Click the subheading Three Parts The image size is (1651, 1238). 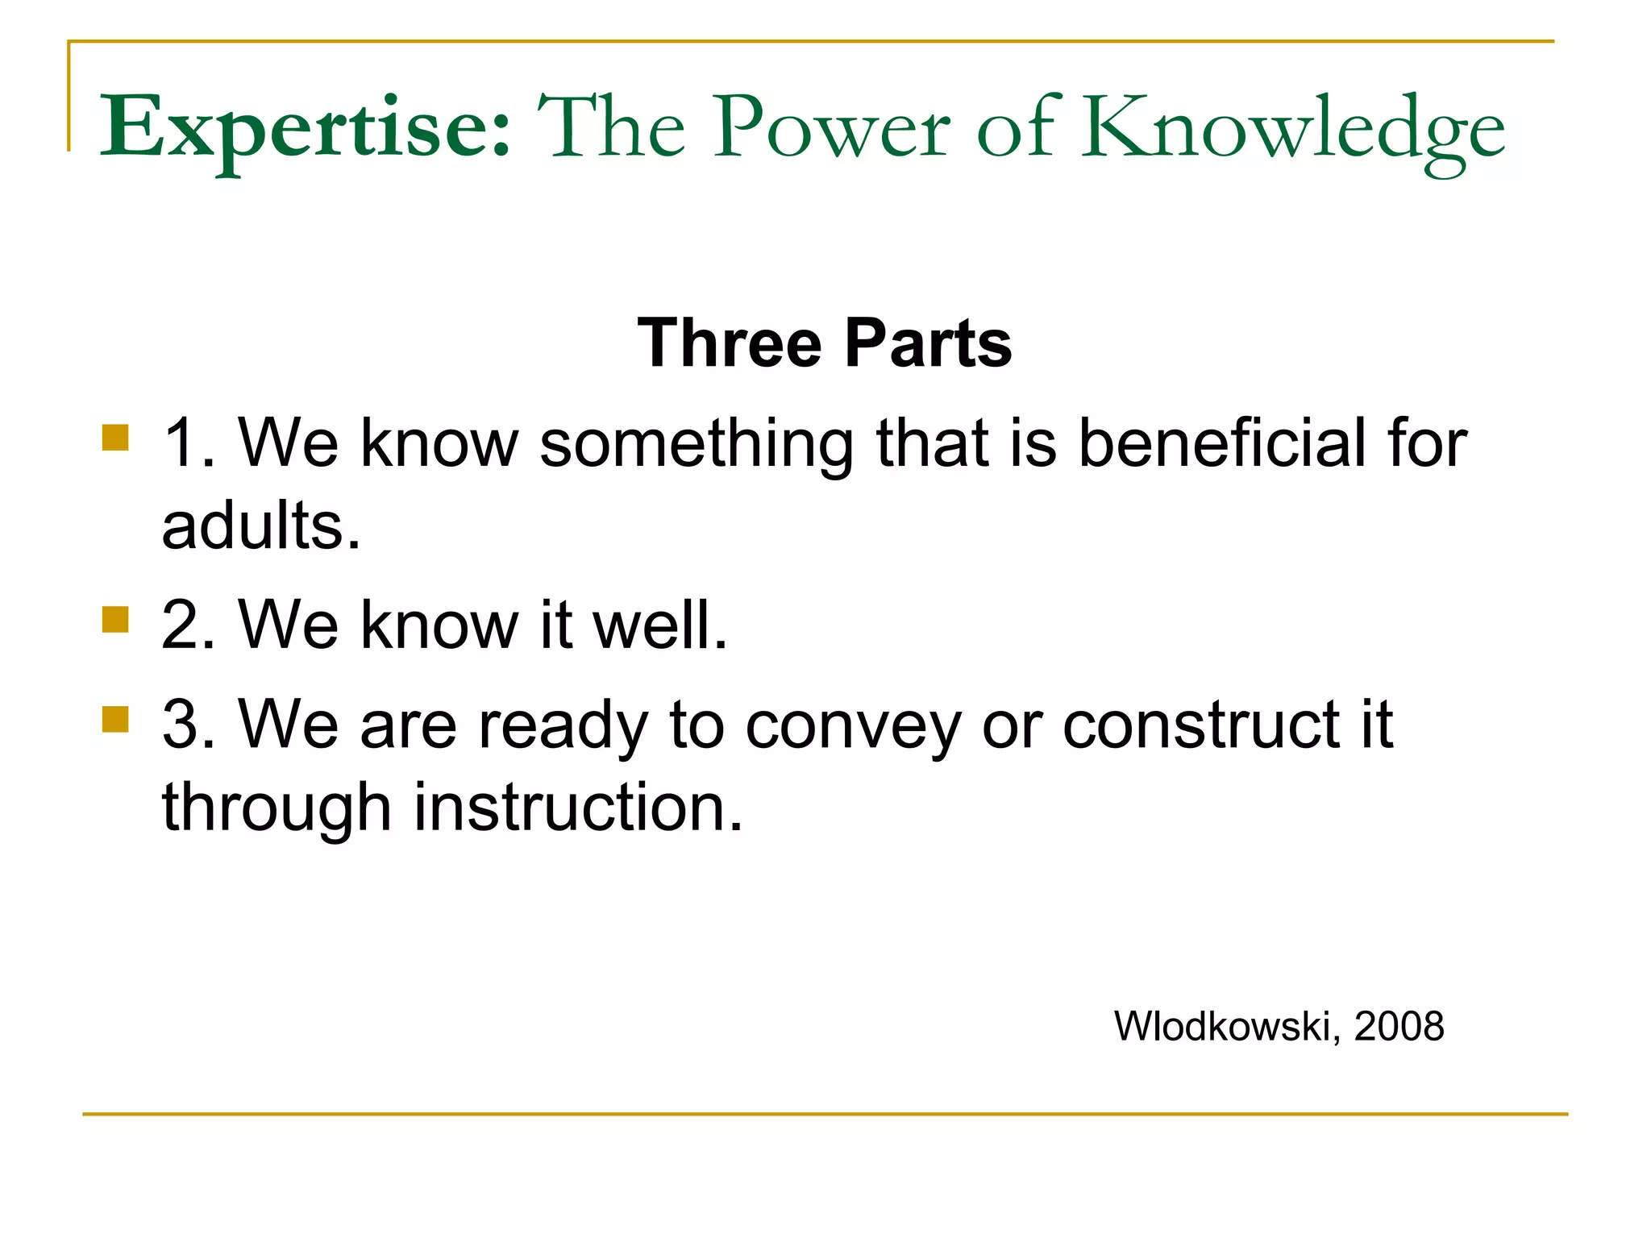pos(824,343)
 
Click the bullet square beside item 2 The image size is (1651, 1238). pos(116,621)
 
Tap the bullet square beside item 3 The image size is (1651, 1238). pos(116,719)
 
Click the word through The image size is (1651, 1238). pos(277,809)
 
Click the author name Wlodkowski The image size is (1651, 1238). pos(1224,1027)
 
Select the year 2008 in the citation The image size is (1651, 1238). pos(1399,1027)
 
